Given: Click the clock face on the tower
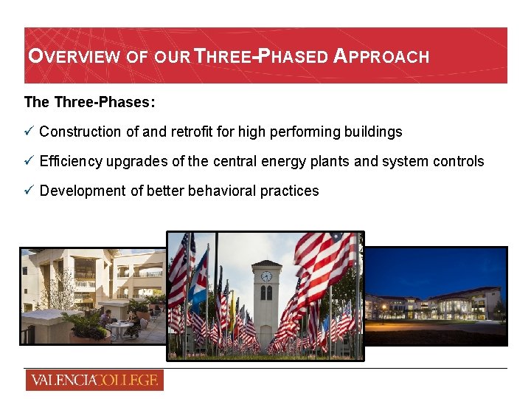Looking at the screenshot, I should point(266,276).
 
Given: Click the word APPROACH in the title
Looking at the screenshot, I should point(381,56).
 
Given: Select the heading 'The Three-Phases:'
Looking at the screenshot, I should point(89,102).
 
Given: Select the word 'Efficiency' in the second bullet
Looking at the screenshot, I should point(71,161).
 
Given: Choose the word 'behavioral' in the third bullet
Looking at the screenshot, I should point(222,191).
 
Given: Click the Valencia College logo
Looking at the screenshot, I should point(94,381).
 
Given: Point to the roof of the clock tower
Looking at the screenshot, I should point(266,264).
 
